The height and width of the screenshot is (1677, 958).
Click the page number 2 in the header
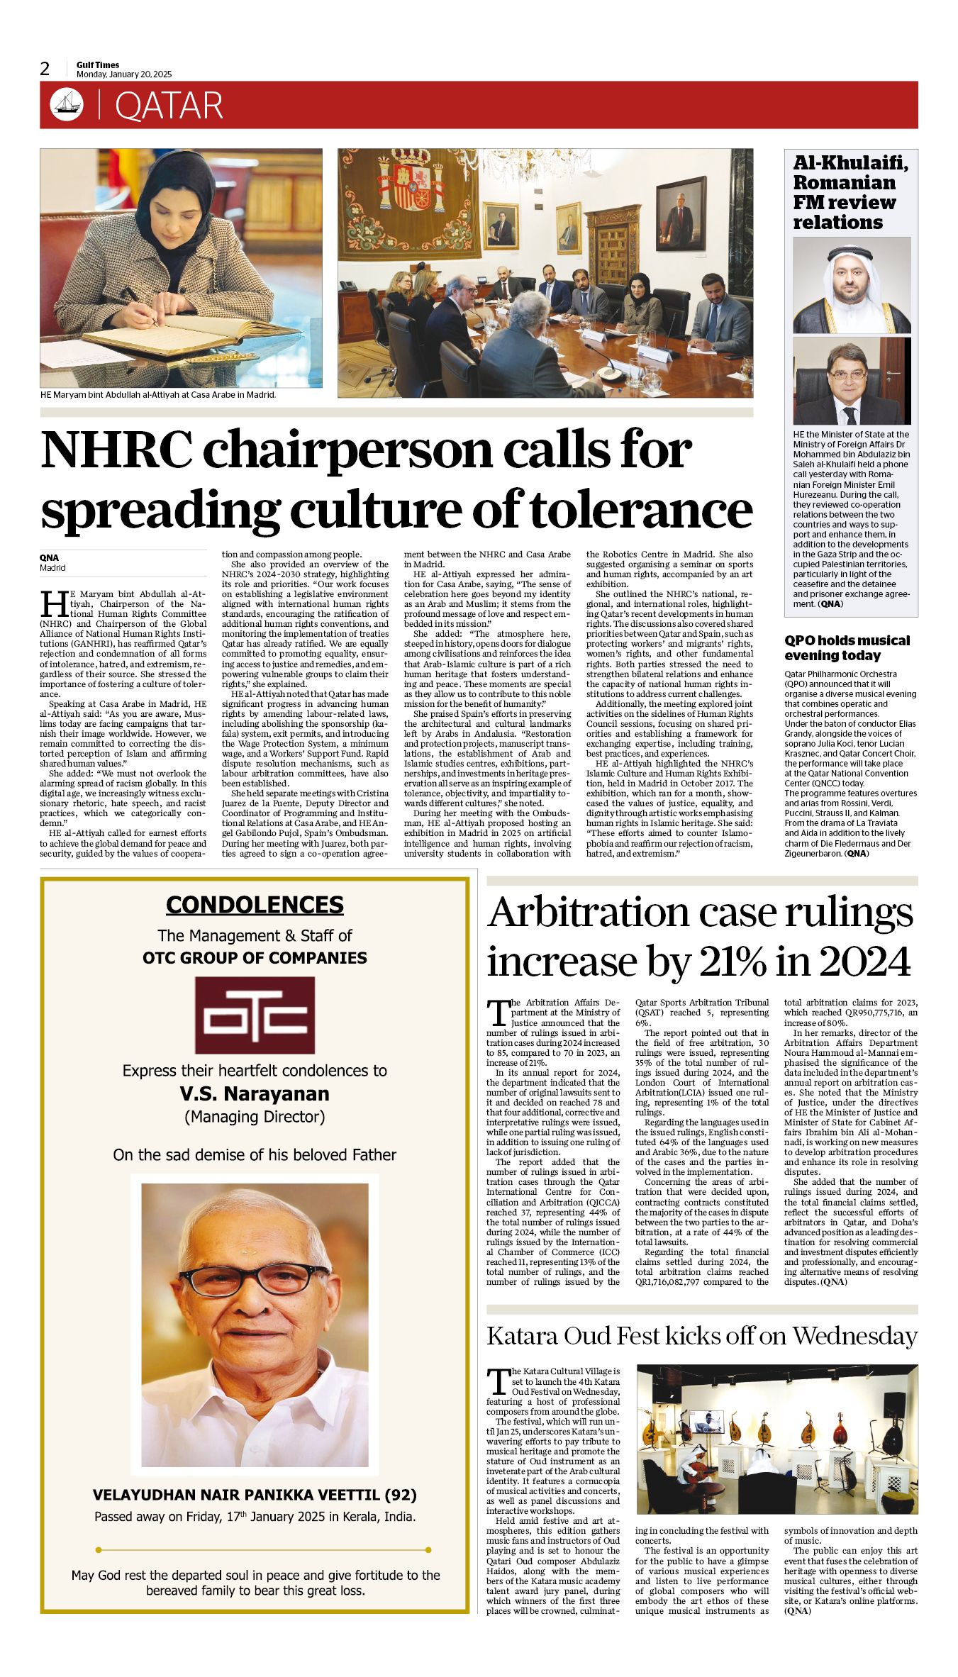click(45, 69)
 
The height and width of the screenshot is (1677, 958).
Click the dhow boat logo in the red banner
click(67, 105)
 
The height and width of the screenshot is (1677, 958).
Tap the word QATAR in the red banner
click(169, 106)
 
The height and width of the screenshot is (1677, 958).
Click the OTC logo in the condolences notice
click(255, 1015)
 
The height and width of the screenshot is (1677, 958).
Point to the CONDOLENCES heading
click(255, 905)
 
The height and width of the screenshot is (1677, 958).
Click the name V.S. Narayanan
click(255, 1093)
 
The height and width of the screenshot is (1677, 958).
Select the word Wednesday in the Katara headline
click(854, 1336)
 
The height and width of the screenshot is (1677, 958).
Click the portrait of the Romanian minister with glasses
click(852, 381)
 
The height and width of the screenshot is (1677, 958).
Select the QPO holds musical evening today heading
click(847, 647)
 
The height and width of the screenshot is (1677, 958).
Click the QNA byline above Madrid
click(49, 558)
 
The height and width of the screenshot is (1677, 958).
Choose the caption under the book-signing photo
click(158, 394)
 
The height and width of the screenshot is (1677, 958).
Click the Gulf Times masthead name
click(98, 65)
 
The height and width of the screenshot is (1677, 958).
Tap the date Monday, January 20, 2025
click(124, 74)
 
